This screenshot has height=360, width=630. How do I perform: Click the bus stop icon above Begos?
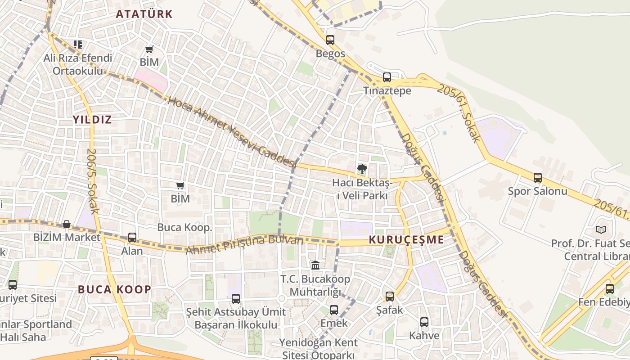[x=330, y=40]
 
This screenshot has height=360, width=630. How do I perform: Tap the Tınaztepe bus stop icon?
[x=387, y=77]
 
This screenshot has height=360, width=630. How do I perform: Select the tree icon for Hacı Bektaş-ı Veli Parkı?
[x=362, y=169]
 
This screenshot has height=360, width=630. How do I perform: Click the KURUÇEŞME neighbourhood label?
[x=406, y=240]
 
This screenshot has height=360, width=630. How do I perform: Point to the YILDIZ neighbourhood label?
[x=92, y=120]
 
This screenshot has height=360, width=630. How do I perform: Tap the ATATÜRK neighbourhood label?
[x=144, y=14]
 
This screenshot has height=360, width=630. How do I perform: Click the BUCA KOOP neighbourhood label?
[x=115, y=289]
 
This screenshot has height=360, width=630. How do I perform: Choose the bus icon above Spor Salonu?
[x=538, y=177]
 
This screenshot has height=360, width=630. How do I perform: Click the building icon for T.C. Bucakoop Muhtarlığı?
[x=315, y=265]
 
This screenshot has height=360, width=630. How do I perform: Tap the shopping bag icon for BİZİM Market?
[x=67, y=224]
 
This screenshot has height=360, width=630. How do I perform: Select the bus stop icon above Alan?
[x=132, y=237]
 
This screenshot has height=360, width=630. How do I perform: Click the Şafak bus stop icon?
[x=390, y=296]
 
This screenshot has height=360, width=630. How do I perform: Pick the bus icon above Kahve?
[x=424, y=322]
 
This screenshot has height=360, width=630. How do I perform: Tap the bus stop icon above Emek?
[x=333, y=310]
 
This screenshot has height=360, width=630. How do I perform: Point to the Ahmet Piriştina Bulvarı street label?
[x=245, y=244]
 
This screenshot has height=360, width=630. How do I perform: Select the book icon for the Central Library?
[x=601, y=229]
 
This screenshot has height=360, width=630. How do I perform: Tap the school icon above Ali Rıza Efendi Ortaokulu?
[x=78, y=44]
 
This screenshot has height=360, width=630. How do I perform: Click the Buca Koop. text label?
[x=184, y=227]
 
